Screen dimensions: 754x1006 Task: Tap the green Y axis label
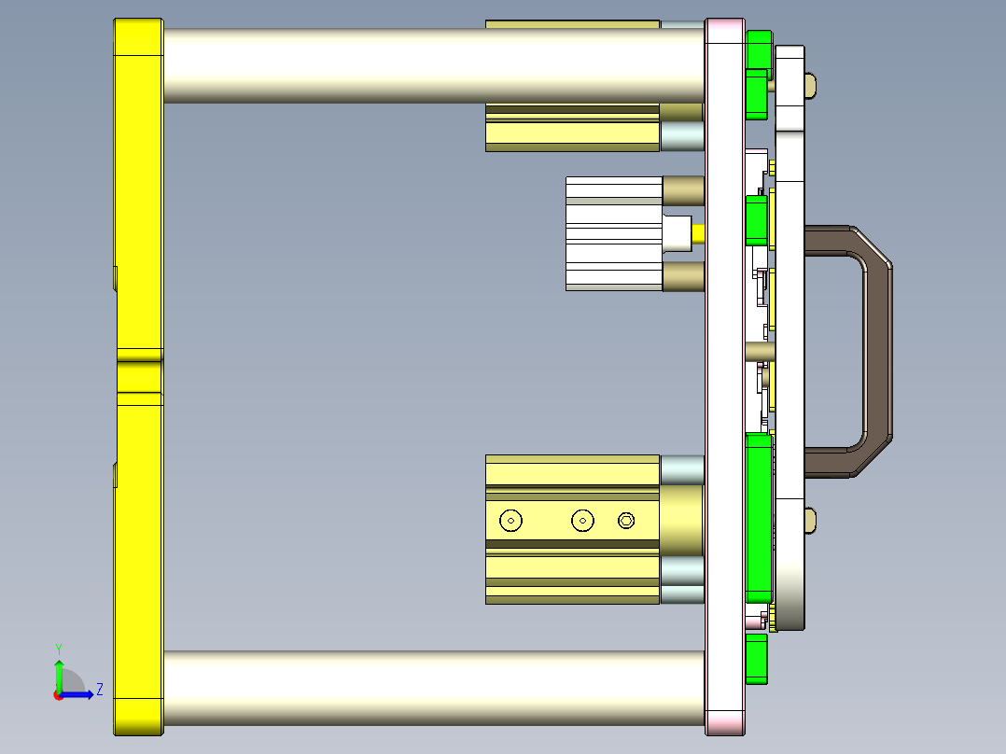[58, 647]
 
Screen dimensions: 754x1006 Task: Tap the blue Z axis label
[99, 690]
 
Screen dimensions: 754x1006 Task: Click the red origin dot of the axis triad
[58, 694]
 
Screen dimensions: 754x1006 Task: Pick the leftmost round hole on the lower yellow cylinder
[510, 521]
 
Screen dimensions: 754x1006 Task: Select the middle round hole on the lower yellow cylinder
[583, 521]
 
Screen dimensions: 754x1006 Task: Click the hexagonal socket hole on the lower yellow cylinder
[627, 521]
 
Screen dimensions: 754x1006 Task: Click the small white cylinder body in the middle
[612, 233]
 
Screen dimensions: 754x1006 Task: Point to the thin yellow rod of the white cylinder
[698, 231]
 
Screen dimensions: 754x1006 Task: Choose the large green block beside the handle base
[759, 518]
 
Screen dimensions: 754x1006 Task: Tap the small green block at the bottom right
[757, 659]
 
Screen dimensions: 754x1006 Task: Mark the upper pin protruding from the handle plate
[811, 86]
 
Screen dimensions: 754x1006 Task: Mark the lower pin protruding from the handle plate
[811, 520]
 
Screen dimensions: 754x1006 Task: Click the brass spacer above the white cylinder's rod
[682, 190]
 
